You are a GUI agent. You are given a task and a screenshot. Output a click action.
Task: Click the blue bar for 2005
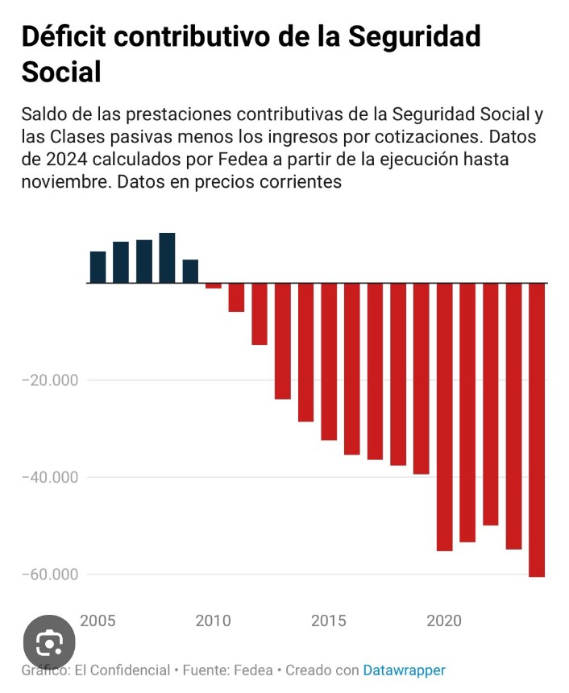[x=98, y=268]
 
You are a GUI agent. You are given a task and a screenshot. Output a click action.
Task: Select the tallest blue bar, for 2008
[x=167, y=258]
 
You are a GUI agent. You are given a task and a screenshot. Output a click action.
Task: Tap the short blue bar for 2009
[x=190, y=272]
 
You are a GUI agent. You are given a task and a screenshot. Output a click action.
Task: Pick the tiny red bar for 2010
[x=214, y=286]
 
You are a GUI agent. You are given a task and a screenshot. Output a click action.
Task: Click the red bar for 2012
[x=260, y=314]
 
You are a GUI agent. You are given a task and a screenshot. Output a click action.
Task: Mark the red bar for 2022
[x=491, y=404]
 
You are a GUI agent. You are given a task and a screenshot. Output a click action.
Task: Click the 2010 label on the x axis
[x=213, y=621]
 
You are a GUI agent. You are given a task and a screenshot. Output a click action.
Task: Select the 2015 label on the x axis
[x=329, y=621]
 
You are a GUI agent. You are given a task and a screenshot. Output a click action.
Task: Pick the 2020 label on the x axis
[x=444, y=621]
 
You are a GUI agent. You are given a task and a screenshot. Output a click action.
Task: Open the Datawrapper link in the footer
[x=404, y=670]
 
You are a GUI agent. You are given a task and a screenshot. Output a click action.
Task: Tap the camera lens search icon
[x=49, y=643]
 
